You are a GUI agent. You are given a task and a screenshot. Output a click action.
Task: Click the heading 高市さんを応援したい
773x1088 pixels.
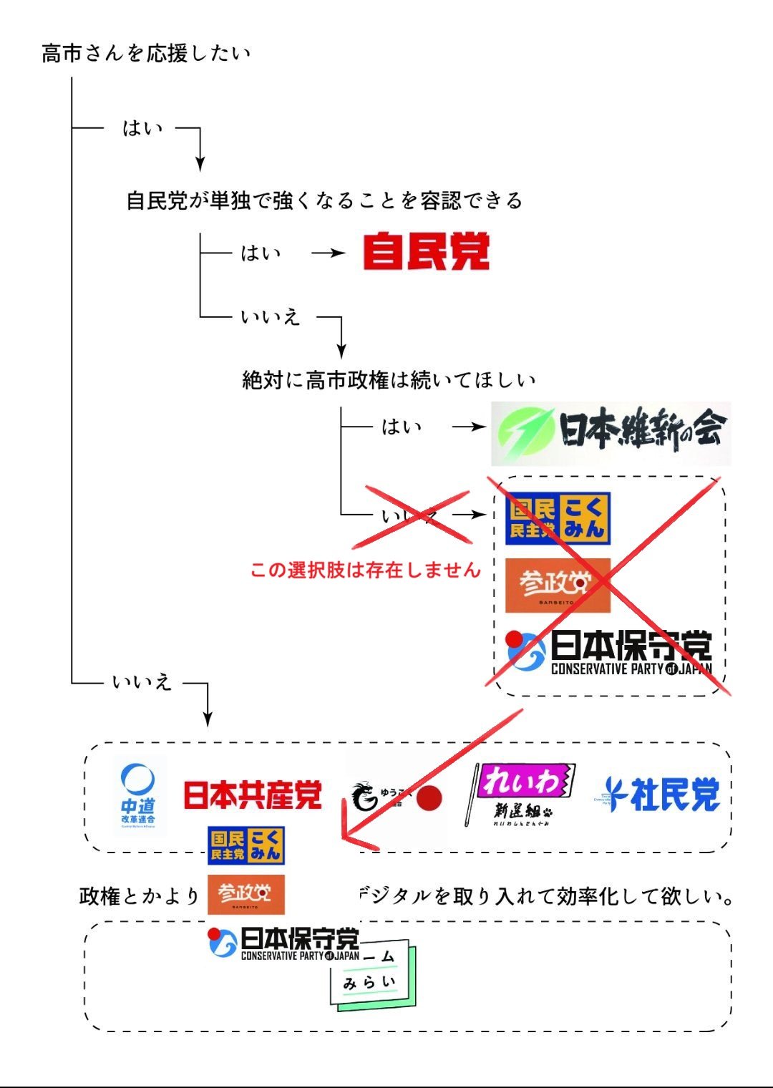point(146,54)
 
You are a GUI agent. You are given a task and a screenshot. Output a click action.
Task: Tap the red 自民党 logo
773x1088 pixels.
point(426,251)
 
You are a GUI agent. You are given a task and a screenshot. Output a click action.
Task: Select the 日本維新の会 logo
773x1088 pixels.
point(611,433)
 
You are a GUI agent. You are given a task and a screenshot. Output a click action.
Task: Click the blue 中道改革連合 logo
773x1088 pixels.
point(138,795)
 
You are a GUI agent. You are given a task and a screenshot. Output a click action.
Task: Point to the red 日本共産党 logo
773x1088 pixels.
point(253,795)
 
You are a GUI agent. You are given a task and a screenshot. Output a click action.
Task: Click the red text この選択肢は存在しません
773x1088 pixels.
point(365,570)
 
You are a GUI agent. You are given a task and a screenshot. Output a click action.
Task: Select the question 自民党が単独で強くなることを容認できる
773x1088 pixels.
point(324,200)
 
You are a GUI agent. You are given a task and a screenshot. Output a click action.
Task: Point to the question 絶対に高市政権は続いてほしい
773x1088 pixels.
point(389,379)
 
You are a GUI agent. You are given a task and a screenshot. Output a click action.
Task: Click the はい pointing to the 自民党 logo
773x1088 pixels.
point(261,253)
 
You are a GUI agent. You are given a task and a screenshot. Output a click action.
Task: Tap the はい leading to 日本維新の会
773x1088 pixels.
point(401,427)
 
